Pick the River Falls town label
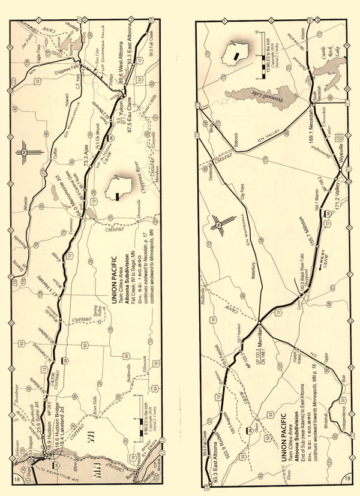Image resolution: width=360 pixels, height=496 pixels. tap(94, 414)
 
